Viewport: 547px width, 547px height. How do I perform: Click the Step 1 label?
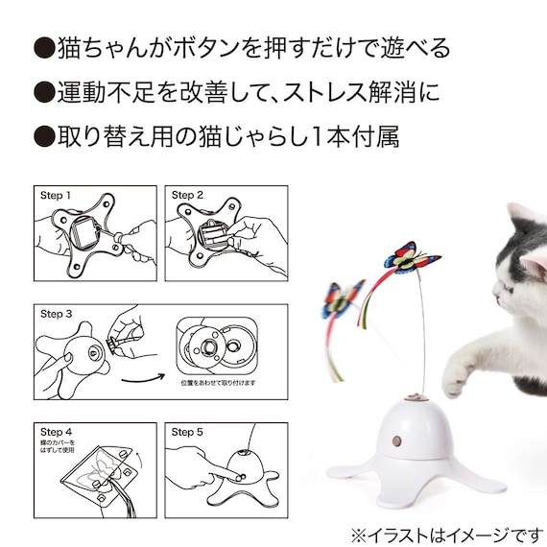click(x=56, y=195)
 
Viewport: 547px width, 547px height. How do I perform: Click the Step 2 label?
click(x=188, y=195)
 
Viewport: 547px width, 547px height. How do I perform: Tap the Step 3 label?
click(x=56, y=314)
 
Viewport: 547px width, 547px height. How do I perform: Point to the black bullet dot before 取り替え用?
click(x=43, y=136)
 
